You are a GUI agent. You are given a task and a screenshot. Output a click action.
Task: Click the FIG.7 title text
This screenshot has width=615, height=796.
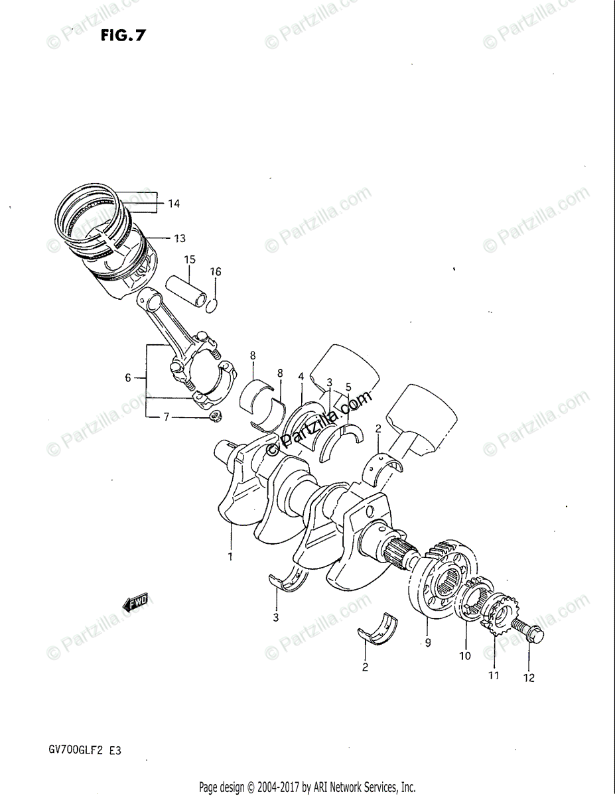[x=123, y=35]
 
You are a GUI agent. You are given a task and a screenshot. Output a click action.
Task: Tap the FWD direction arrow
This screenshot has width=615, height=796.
[x=135, y=602]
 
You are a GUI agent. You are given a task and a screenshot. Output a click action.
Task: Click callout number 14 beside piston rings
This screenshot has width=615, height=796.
[x=174, y=204]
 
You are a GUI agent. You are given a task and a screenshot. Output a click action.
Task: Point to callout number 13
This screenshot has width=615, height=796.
[x=180, y=239]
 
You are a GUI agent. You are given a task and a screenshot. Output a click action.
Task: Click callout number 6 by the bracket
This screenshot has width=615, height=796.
[x=128, y=377]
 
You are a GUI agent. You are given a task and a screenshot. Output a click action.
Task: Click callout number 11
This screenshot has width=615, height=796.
[x=494, y=675]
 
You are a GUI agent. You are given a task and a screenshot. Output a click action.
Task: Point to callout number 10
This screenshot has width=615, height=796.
[x=465, y=655]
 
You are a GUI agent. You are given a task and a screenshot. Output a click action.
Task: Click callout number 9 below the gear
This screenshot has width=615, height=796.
[x=428, y=642]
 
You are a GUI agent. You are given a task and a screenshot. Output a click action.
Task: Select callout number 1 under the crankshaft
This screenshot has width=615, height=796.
[x=230, y=557]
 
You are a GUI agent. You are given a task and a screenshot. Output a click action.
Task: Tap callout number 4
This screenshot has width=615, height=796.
[x=301, y=376]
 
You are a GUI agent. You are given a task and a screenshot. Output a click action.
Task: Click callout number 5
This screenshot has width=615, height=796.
[x=348, y=387]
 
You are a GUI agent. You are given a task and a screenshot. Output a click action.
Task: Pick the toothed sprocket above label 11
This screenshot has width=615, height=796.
[x=499, y=615]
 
